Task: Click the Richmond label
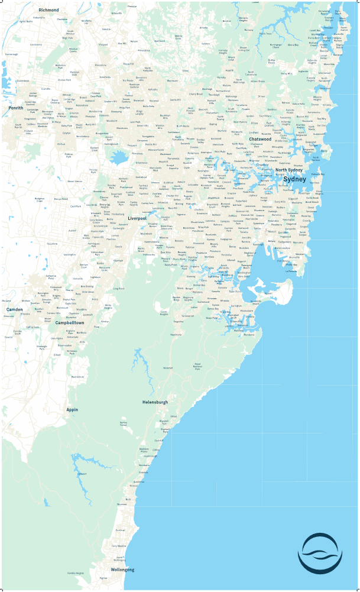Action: pos(48,10)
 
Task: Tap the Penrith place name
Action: pos(15,108)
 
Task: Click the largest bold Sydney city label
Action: pos(294,179)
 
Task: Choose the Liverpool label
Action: pos(137,218)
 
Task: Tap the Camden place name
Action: pos(15,309)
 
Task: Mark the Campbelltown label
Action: pos(70,323)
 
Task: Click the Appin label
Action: pos(72,409)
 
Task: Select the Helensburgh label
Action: pos(155,402)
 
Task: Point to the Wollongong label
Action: pos(121,570)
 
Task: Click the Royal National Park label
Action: pos(198,367)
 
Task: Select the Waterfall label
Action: pos(168,368)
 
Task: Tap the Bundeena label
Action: pos(249,335)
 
